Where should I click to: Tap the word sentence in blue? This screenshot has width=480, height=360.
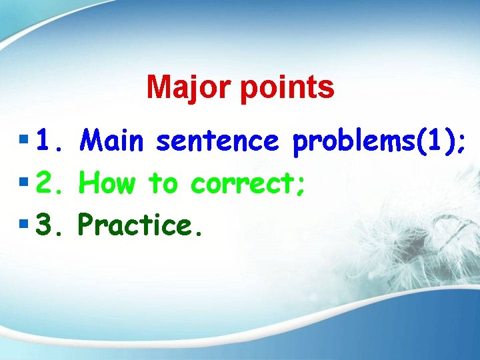pyautogui.click(x=217, y=141)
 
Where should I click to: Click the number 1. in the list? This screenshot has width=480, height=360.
pyautogui.click(x=49, y=141)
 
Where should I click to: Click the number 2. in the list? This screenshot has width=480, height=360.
pyautogui.click(x=49, y=182)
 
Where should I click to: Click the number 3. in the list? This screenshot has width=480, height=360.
pyautogui.click(x=49, y=225)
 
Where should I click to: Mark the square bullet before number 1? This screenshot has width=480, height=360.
pyautogui.click(x=25, y=141)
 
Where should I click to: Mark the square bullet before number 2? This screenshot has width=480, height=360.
pyautogui.click(x=25, y=181)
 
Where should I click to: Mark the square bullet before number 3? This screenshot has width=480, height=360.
pyautogui.click(x=25, y=224)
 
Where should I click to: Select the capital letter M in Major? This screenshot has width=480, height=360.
pyautogui.click(x=157, y=87)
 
